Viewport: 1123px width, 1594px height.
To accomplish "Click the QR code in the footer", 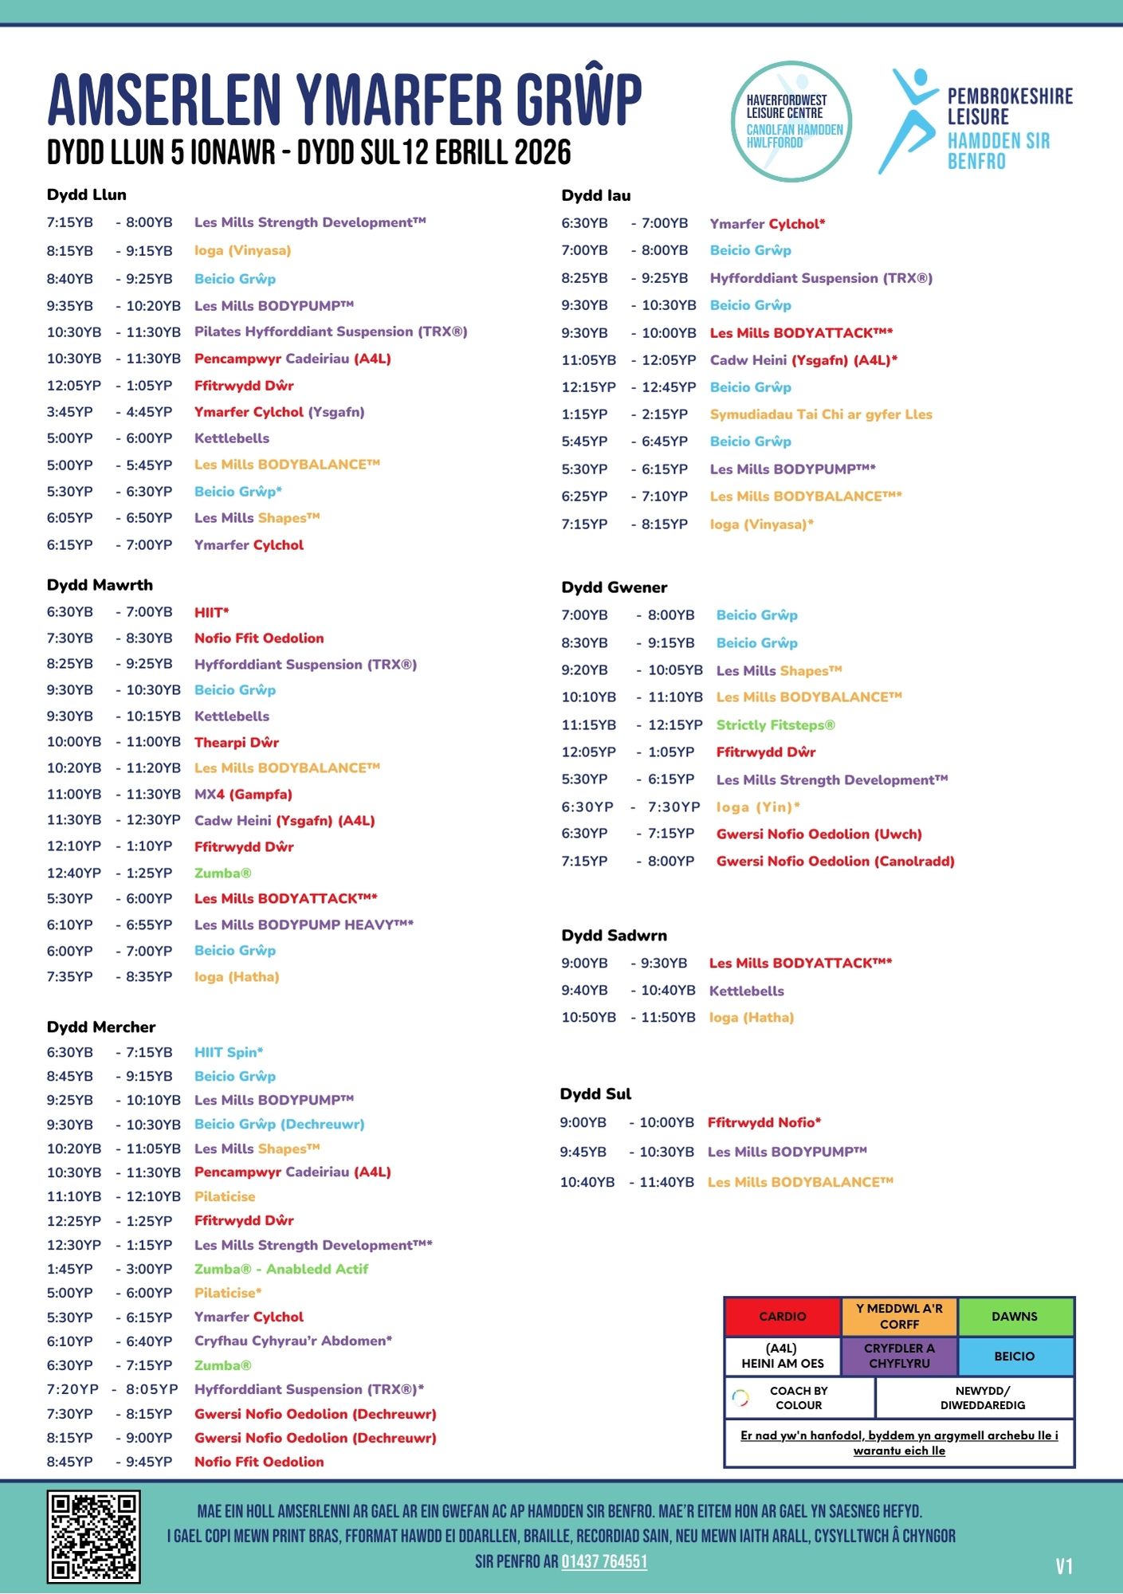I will [x=93, y=1537].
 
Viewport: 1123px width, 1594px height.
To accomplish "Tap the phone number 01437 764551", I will [x=604, y=1561].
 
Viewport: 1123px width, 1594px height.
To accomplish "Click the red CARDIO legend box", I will [x=782, y=1317].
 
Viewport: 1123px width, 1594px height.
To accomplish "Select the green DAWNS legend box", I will [x=1015, y=1317].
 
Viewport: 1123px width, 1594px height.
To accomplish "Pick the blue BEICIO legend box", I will [x=1015, y=1356].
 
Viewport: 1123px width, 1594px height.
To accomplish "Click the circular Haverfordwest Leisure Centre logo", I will [x=791, y=121].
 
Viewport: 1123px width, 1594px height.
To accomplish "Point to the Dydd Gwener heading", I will [x=614, y=587].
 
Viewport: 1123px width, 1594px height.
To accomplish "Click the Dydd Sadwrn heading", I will [x=614, y=935].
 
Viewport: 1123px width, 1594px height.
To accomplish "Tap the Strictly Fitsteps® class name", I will [x=775, y=725].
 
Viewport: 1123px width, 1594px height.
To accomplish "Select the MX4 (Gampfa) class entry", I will [x=243, y=795].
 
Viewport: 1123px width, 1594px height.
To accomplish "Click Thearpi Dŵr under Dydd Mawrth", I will [x=237, y=742].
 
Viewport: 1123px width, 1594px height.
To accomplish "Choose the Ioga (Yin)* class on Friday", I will [x=758, y=807].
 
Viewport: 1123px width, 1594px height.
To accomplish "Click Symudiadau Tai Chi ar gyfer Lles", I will [x=821, y=414].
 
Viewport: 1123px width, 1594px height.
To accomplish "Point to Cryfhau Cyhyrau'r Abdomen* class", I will [x=293, y=1341].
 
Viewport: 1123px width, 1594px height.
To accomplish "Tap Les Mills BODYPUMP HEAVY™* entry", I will [x=304, y=925].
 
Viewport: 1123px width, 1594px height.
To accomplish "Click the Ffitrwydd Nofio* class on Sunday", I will [x=764, y=1122].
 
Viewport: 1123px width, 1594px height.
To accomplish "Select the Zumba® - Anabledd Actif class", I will [x=281, y=1269].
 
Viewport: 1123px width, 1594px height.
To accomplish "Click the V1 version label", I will [x=1064, y=1567].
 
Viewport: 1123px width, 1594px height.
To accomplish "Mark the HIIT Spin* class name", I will [x=229, y=1052].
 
